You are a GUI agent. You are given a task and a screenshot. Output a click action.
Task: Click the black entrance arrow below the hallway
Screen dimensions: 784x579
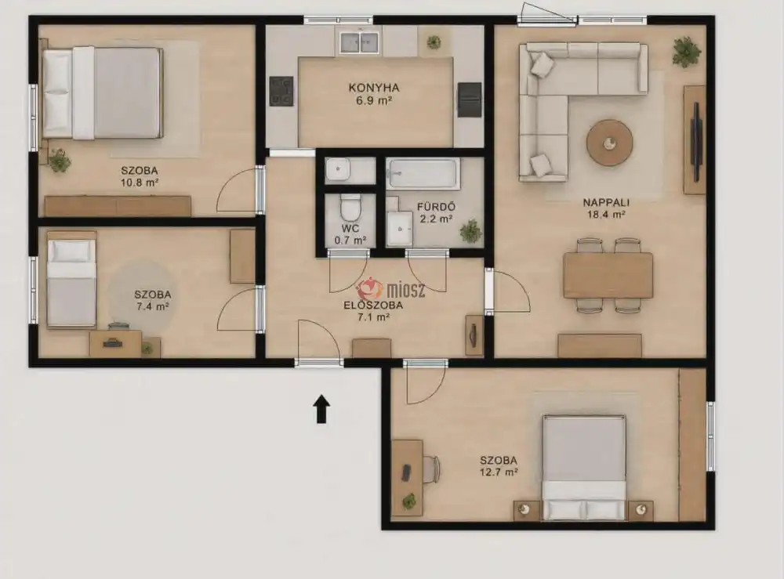point(321,409)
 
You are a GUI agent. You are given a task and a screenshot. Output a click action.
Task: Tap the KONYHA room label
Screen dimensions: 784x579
point(374,88)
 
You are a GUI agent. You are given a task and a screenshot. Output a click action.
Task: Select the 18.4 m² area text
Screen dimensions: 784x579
point(606,215)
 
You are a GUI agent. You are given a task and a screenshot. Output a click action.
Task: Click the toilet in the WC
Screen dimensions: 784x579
point(350,207)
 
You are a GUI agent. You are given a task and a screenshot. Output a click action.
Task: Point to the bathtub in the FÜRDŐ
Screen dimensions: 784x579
point(423,173)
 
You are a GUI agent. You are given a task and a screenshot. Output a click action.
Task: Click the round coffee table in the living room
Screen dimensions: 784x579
point(609,143)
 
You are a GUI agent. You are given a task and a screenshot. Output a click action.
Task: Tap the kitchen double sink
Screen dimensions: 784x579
point(359,42)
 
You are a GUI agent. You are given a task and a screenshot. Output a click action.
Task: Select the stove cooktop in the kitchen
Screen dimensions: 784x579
point(281,91)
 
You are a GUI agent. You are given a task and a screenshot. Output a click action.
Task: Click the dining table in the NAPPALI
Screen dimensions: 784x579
point(608,275)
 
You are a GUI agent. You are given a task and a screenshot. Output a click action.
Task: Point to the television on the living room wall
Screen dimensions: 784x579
point(696,135)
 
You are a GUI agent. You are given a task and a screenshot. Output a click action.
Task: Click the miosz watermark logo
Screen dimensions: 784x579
point(391,289)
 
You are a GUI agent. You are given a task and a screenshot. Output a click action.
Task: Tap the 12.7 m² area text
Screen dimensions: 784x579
point(499,472)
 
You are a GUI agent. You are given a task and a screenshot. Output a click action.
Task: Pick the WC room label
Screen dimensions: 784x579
point(350,228)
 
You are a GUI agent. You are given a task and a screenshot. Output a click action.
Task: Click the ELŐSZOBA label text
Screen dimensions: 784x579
point(373,306)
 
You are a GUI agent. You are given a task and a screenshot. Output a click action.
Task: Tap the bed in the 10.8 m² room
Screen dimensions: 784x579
point(103,93)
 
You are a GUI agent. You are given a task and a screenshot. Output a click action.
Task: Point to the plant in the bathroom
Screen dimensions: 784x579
point(470,231)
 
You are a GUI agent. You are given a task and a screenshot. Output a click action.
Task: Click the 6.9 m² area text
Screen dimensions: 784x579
point(373,100)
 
